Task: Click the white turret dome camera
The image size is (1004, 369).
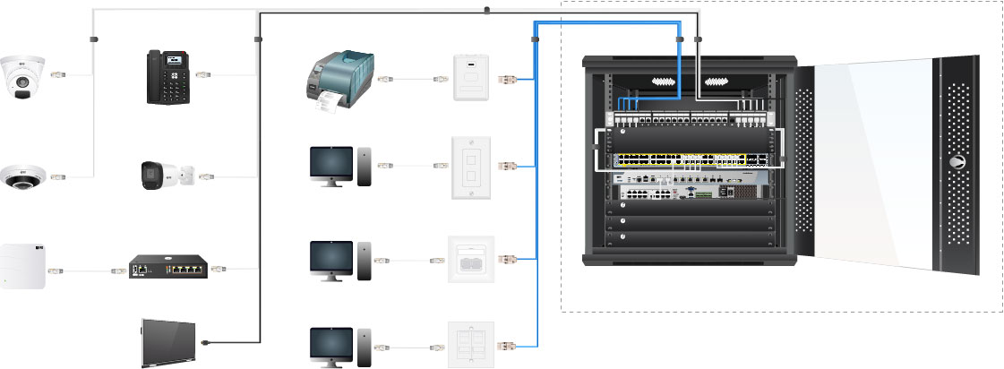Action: point(21,75)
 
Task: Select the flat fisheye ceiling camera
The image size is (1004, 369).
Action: point(21,176)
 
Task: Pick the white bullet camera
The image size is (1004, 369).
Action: point(165,175)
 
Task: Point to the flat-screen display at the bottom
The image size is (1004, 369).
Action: point(168,342)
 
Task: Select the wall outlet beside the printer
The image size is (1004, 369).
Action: point(469,78)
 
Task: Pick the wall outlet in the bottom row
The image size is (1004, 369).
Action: point(468,343)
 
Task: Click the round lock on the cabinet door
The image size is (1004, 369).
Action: point(958,164)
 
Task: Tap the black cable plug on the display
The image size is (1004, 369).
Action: point(207,341)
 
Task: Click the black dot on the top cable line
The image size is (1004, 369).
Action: point(486,11)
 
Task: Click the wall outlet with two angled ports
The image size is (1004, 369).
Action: point(469,260)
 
